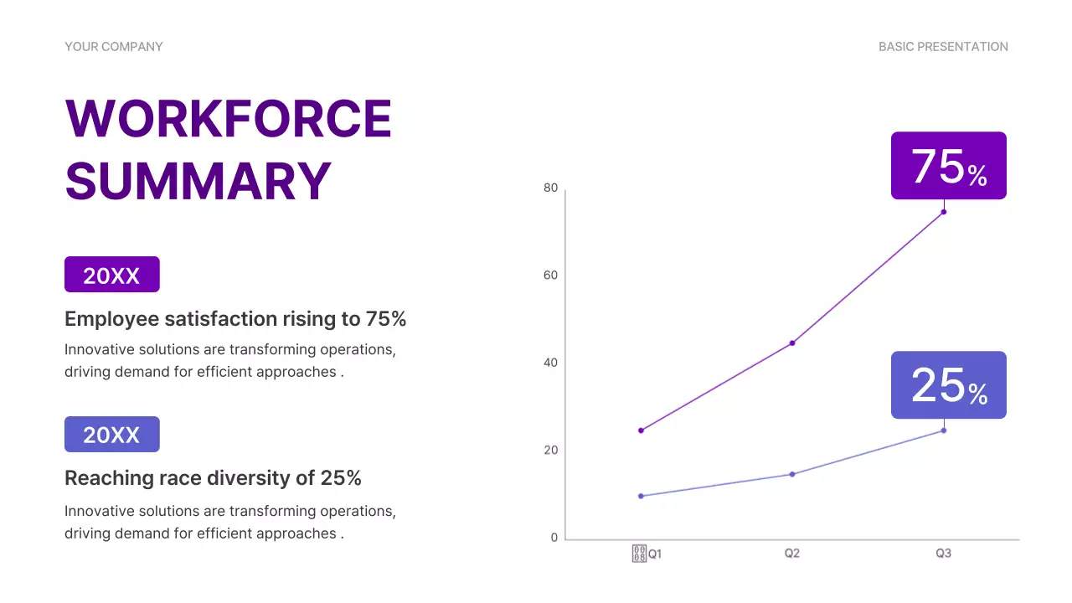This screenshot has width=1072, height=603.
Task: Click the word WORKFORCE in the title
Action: pos(228,118)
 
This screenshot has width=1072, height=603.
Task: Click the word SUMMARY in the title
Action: pos(198,181)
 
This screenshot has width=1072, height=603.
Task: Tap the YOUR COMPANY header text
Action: pos(114,47)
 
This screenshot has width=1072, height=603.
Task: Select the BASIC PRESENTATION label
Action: pos(943,47)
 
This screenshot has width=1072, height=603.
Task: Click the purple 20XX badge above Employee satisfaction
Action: pos(111,275)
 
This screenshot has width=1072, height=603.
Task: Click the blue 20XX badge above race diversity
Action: pos(111,435)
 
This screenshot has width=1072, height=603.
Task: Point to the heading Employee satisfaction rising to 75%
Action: pos(235,319)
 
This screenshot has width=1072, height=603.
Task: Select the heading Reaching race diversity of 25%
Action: pos(213,478)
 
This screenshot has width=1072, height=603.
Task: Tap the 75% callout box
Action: pos(948,166)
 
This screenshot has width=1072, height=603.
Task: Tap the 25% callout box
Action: pos(948,385)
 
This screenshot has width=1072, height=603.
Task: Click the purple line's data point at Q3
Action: pos(944,212)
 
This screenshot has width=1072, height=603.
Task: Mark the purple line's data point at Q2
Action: pos(792,343)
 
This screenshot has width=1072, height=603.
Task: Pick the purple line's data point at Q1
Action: pos(641,430)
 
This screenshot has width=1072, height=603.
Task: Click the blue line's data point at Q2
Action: pos(792,474)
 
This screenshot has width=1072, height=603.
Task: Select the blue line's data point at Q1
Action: pos(641,496)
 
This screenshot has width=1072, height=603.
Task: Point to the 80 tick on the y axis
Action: pos(550,188)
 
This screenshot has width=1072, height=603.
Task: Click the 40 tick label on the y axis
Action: pos(550,363)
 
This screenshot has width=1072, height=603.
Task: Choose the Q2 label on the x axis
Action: pos(792,554)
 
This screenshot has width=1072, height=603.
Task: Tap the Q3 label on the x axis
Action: pos(943,554)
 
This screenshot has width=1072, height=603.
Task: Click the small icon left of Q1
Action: pos(639,554)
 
